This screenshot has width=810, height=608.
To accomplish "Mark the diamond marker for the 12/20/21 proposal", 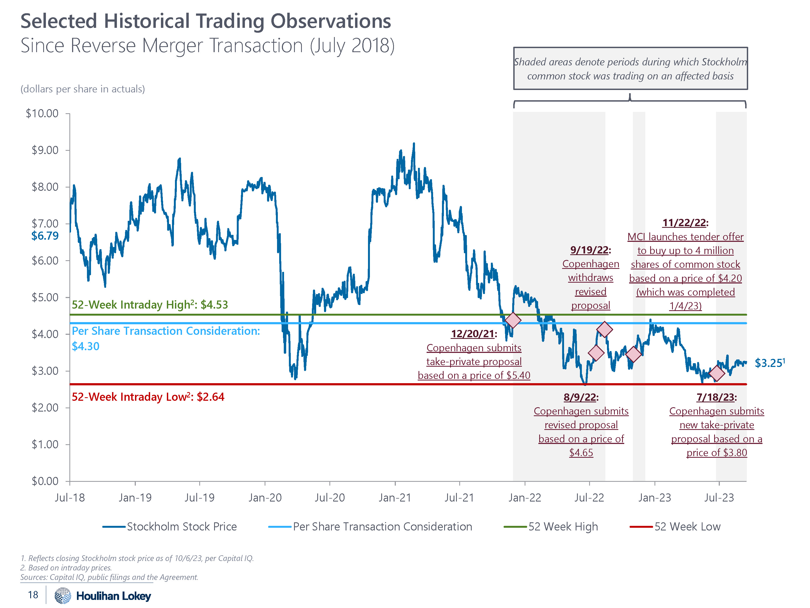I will click(x=513, y=320).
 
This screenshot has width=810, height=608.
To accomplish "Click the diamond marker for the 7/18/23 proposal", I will click(x=717, y=373).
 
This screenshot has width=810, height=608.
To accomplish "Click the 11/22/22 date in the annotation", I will click(x=684, y=223).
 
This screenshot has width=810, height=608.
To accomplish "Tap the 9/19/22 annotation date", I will click(x=590, y=250).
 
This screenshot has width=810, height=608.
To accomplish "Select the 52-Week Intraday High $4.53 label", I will click(x=150, y=305).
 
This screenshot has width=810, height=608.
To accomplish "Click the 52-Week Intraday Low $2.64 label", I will click(x=148, y=397).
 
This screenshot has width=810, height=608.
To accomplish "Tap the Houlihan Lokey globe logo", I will click(x=63, y=596).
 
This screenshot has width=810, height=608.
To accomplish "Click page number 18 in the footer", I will click(x=33, y=595).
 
